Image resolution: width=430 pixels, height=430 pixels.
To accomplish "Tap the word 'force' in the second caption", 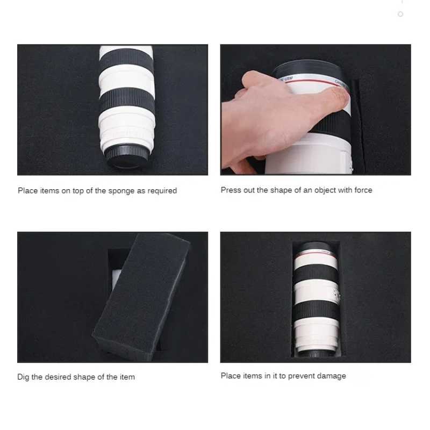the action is (363, 190).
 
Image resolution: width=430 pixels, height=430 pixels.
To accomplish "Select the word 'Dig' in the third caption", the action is (23, 377).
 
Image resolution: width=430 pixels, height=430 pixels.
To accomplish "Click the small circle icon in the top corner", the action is (400, 14).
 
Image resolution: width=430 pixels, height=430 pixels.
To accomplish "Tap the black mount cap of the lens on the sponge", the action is (127, 157).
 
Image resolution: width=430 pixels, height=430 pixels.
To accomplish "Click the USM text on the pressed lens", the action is (288, 79).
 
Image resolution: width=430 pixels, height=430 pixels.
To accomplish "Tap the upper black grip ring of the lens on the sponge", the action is (126, 60).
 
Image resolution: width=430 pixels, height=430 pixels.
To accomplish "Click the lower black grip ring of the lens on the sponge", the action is (127, 101).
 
